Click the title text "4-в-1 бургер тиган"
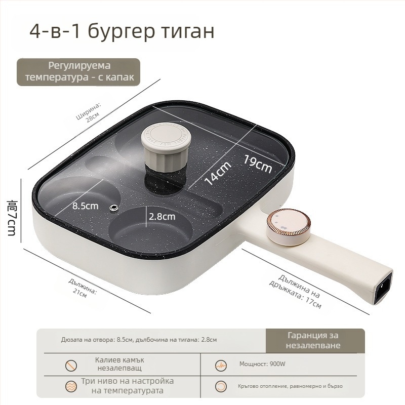coord(122,31)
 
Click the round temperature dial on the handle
coord(289,227)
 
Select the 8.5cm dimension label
coord(85,206)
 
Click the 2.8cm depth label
coord(162,217)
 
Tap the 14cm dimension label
coord(218,173)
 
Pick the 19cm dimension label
coord(258,164)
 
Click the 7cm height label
coord(12,218)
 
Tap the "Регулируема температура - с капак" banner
coord(78,72)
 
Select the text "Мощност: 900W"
coord(262,364)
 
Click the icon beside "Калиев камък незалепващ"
coord(71,366)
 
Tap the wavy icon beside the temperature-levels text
coord(71,387)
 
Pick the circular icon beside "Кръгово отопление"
coord(221,387)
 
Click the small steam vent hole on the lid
coord(113,208)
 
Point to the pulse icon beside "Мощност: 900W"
coord(221,366)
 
